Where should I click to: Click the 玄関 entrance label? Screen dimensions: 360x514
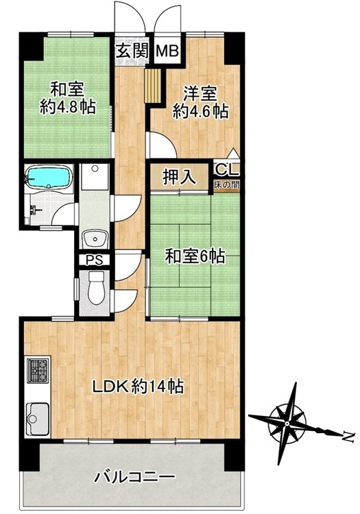pos(132,51)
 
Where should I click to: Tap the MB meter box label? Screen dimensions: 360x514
pos(167,51)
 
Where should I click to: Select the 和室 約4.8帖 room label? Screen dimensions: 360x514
pos(68,98)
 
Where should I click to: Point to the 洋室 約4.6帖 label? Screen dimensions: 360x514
pos(200,102)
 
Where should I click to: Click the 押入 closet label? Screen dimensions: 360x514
pos(180,178)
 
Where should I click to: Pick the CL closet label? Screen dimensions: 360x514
pos(226,170)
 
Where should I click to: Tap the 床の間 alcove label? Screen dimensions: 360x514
pos(226,185)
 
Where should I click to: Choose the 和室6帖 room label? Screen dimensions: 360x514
pos(195,256)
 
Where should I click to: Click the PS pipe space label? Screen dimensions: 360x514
pos(95,260)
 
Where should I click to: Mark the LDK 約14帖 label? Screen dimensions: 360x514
pos(138,387)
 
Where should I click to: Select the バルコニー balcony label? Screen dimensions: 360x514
pos(133,477)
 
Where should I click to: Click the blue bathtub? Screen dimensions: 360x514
pos(49,178)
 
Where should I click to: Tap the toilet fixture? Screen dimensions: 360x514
pos(96,288)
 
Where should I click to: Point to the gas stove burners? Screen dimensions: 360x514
pos(38,370)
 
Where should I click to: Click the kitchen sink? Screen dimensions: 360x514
pos(38,418)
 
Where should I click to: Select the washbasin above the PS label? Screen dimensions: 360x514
pos(95,238)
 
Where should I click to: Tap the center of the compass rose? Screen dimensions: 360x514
pos(287,424)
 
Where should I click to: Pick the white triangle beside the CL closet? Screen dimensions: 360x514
pos(233,154)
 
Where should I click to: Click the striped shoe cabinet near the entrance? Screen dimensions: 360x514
pos(153,86)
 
